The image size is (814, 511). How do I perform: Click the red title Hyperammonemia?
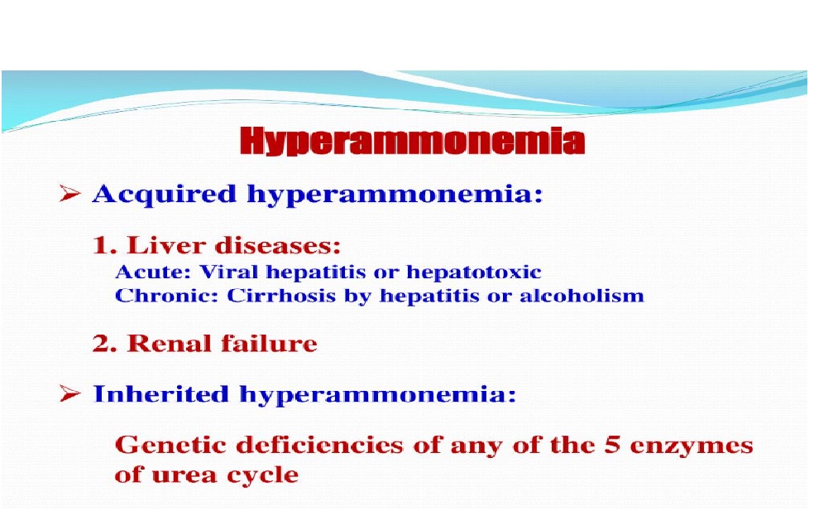tap(413, 141)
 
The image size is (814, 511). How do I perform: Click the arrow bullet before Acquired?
tap(69, 193)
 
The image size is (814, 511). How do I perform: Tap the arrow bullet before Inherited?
tap(69, 393)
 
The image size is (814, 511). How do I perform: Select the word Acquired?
tap(165, 195)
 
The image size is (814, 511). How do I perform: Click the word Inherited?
tap(161, 393)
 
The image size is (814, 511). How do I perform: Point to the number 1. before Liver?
tap(104, 245)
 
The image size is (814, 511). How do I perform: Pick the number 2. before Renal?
tap(104, 344)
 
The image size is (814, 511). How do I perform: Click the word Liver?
tap(166, 245)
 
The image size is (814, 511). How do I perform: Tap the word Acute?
tap(154, 272)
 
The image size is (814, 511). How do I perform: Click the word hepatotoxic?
tap(474, 272)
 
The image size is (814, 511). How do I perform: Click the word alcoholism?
tap(582, 296)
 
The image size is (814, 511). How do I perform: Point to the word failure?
tap(269, 344)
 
